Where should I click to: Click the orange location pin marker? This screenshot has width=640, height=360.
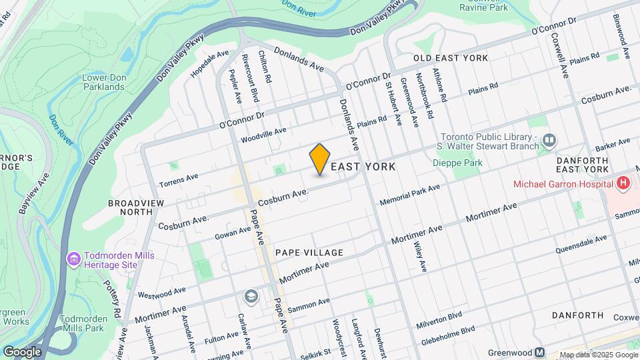tap(320, 159)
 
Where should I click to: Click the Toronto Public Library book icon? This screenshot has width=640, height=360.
tap(549, 140)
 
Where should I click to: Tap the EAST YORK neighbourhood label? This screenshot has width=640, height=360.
tap(363, 167)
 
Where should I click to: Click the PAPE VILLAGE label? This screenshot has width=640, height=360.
tap(309, 253)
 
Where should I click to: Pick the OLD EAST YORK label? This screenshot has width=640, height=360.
tap(451, 58)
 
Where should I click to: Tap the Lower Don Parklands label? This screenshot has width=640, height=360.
tap(103, 82)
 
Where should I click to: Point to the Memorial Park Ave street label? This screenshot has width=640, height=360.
tap(409, 195)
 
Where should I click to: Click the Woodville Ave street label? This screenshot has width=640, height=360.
tap(263, 135)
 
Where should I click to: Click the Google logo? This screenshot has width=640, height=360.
tap(22, 351)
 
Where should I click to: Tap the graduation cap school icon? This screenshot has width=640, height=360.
tap(251, 296)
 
